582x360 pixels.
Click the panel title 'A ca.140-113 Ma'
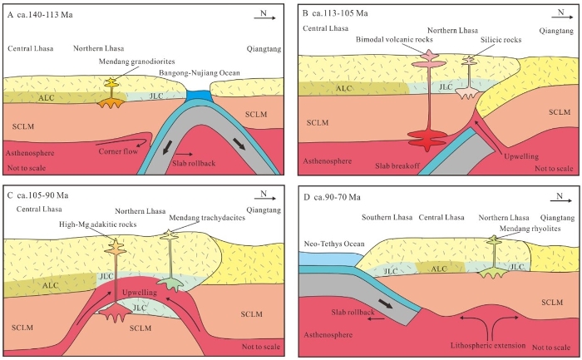point(39,15)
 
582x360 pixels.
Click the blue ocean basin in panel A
point(200,96)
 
